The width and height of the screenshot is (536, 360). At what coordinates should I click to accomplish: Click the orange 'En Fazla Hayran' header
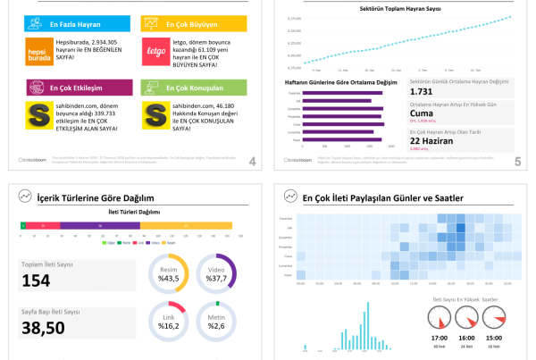click(x=78, y=24)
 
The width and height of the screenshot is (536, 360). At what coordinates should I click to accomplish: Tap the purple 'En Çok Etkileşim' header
click(x=78, y=89)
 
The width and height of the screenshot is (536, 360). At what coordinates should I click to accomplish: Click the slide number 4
click(x=253, y=162)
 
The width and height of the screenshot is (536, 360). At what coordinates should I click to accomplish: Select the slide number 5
click(x=517, y=162)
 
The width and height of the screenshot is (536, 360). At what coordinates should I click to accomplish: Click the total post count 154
click(x=36, y=280)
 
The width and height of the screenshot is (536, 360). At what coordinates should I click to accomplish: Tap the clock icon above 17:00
click(x=440, y=317)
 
